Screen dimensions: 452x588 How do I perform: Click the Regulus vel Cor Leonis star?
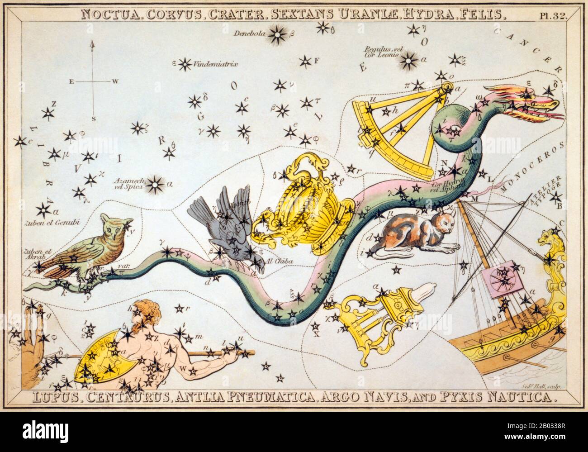(410, 59)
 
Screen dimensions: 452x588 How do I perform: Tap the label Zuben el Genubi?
(36, 223)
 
